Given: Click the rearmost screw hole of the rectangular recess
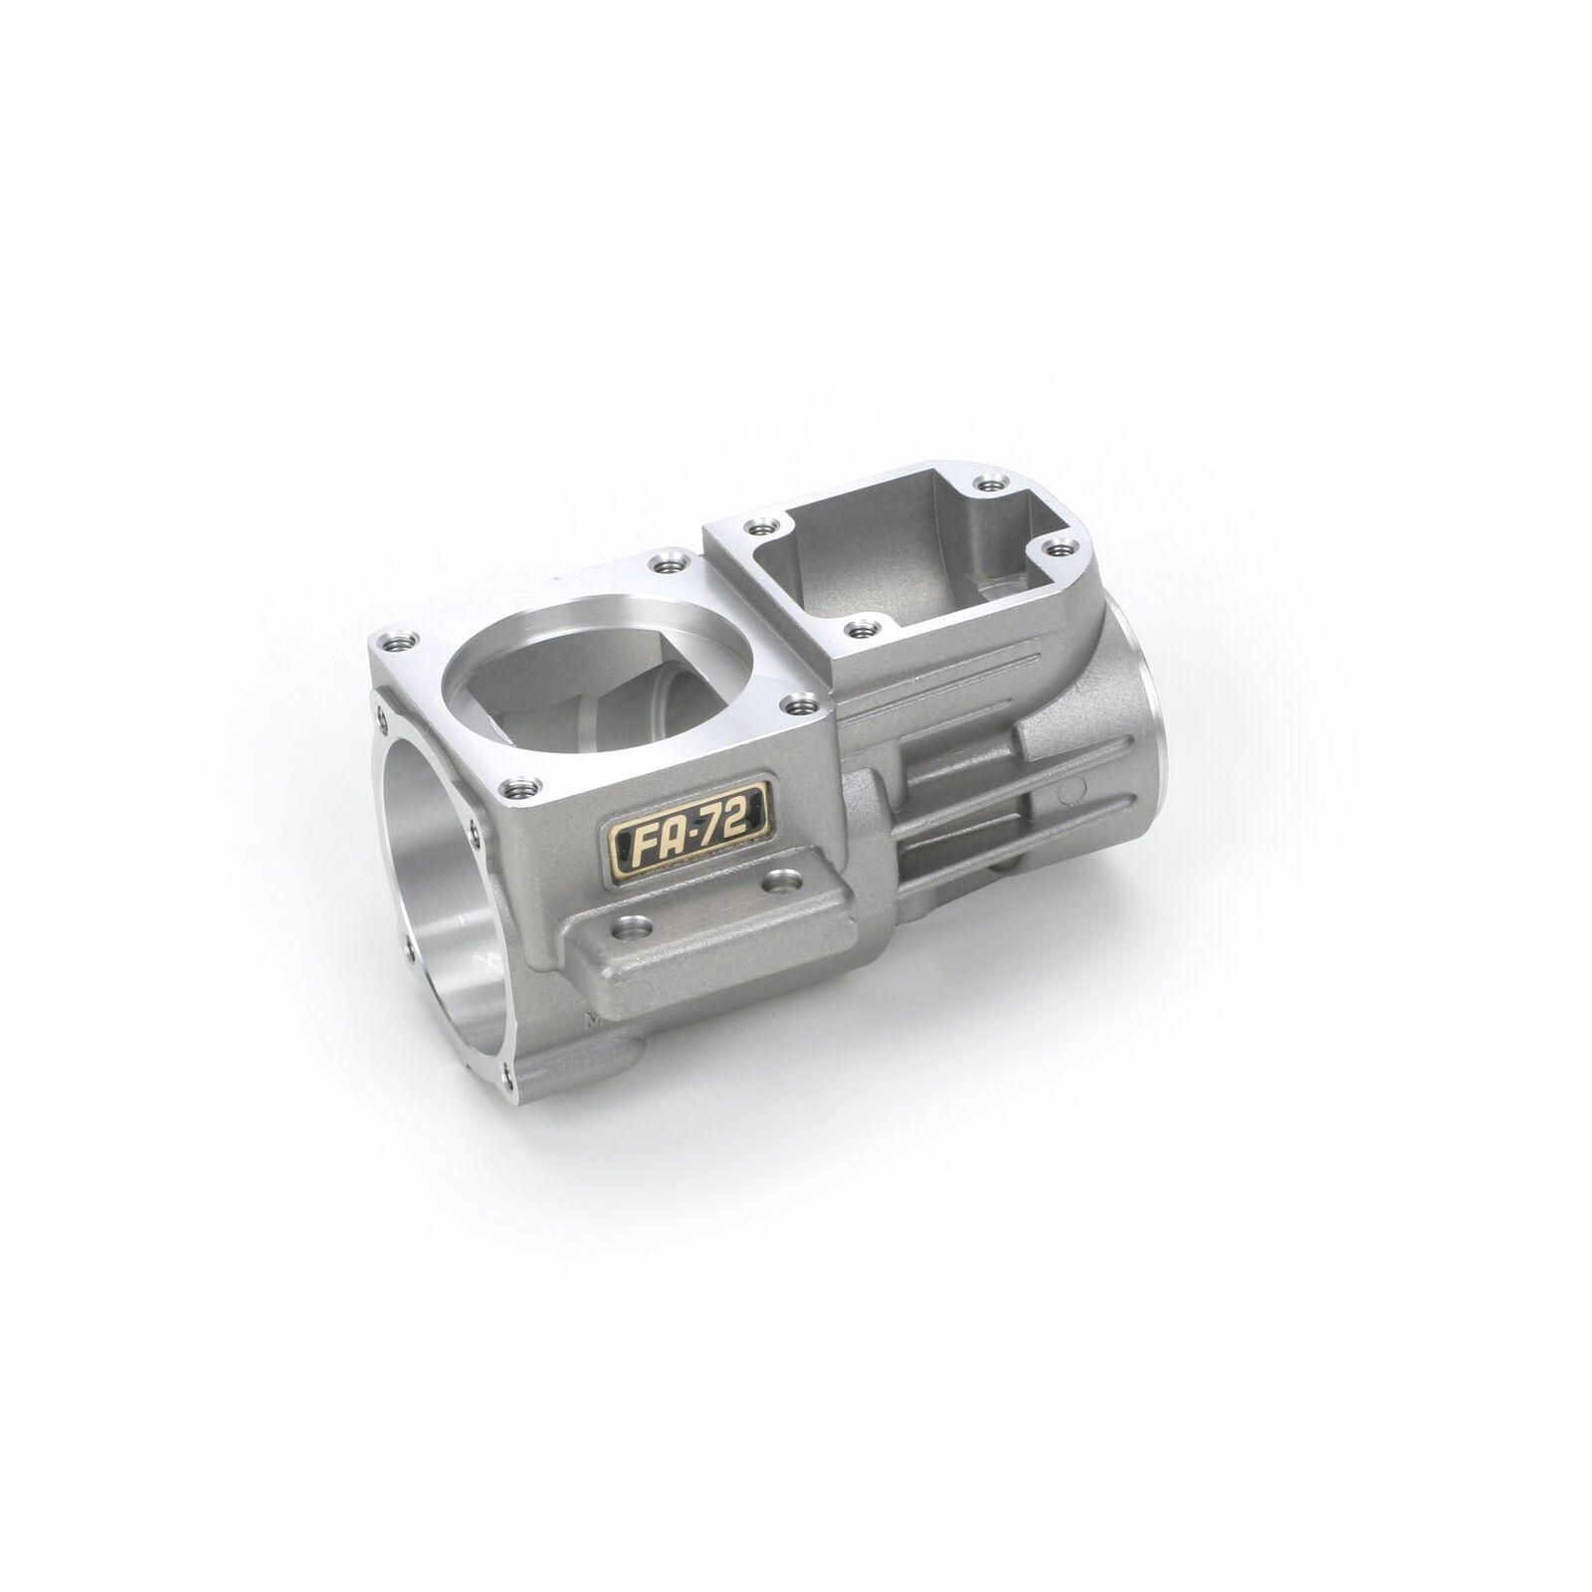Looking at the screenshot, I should [x=986, y=483].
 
